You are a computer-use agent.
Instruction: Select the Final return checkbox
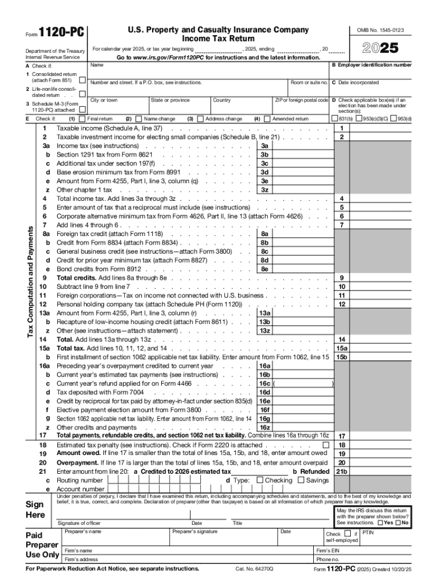[82, 119]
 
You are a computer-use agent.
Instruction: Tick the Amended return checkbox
[266, 119]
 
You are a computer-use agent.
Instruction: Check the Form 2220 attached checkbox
[326, 445]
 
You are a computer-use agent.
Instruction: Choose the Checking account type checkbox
[260, 480]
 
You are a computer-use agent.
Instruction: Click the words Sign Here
[35, 510]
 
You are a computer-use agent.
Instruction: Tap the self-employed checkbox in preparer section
[347, 534]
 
